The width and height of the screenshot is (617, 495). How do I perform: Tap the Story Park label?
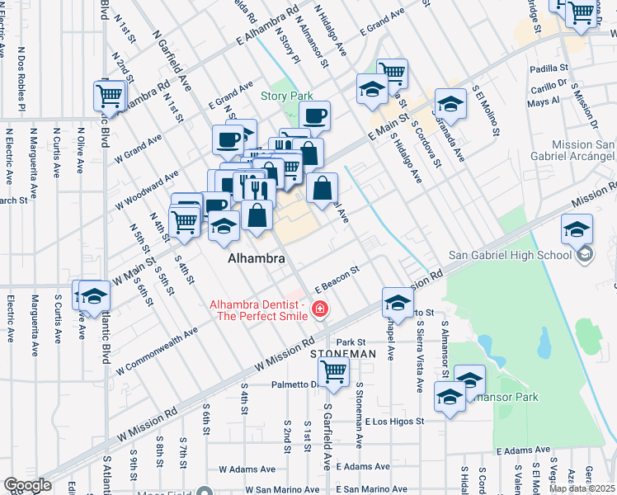[285, 97]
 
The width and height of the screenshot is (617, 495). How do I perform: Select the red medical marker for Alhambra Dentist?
[319, 310]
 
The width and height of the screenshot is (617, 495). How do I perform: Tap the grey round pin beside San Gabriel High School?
[585, 254]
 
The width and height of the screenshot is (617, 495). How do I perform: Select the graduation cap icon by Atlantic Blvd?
[95, 296]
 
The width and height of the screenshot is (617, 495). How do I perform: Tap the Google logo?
[27, 485]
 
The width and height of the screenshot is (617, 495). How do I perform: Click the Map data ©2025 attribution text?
[582, 488]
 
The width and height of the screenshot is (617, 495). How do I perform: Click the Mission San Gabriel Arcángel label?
[583, 151]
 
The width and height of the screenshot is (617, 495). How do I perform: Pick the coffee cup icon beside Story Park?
[313, 115]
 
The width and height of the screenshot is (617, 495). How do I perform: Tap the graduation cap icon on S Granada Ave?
[450, 104]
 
